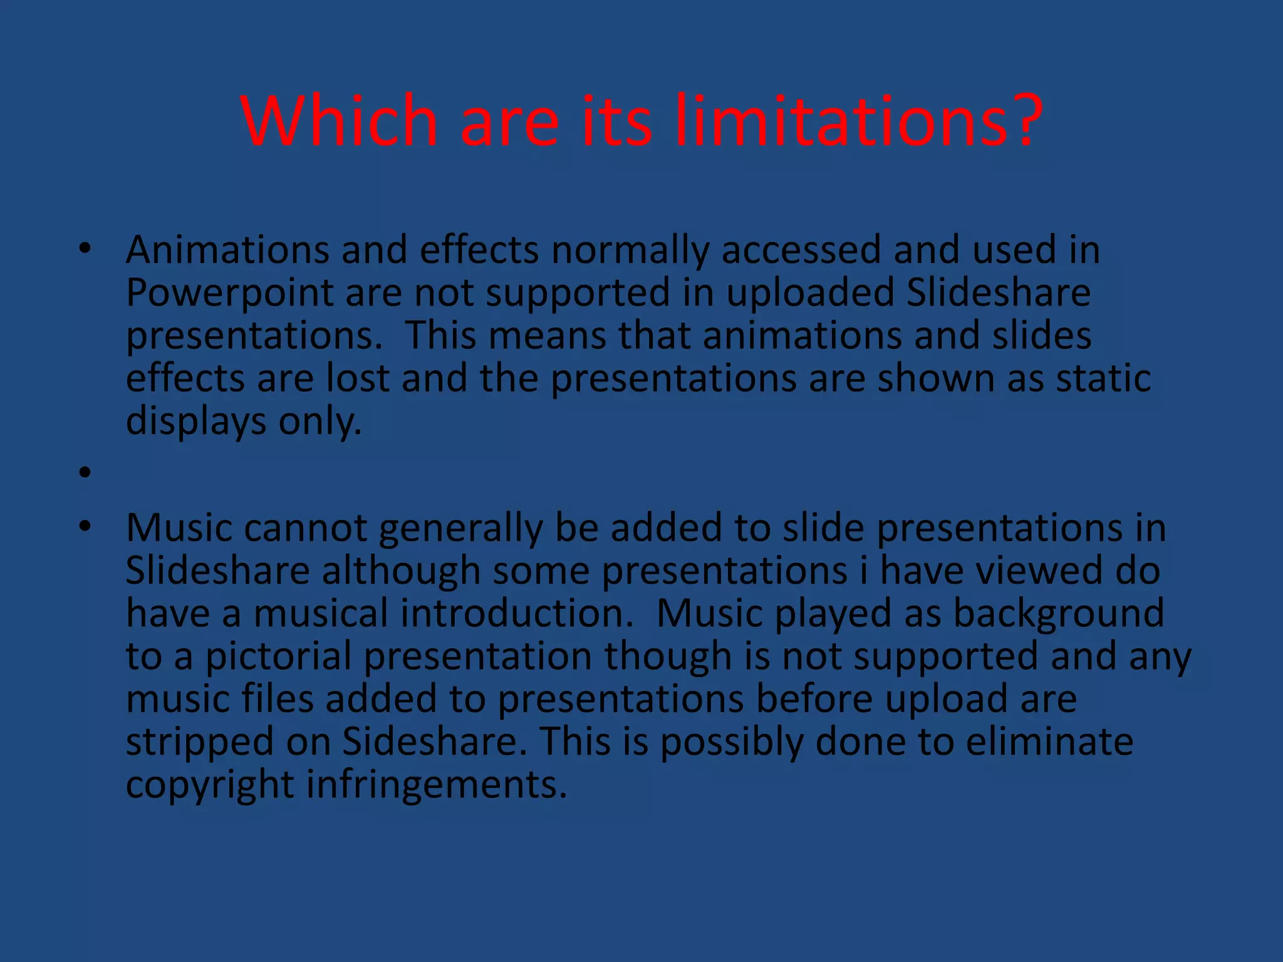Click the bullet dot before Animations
pos(85,250)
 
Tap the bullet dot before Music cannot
pos(85,528)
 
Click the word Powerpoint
pos(229,293)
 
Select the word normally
pos(630,250)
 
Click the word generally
pos(460,528)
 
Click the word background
pos(1058,613)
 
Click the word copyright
pos(210,785)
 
